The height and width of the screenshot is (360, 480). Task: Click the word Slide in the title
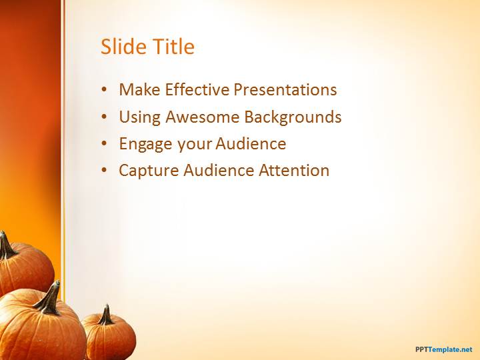coord(123,47)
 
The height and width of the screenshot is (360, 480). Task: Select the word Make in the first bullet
coord(139,89)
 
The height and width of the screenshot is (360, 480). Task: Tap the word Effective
coord(197,89)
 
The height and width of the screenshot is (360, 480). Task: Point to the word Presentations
coord(285,89)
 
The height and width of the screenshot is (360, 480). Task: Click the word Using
coord(139,117)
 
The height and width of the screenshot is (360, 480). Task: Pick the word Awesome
coord(203,117)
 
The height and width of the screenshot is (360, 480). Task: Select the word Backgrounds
coord(293,117)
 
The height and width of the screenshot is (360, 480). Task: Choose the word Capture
coord(149,171)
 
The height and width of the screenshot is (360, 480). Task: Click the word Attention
coord(294,170)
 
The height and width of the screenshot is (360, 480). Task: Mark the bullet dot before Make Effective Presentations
coord(105,90)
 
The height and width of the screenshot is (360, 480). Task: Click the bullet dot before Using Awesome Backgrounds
coord(105,117)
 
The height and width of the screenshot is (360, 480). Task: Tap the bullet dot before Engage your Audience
coord(105,144)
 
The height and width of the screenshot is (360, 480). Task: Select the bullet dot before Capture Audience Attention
coord(105,171)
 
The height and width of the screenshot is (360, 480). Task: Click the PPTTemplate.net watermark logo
coord(443,349)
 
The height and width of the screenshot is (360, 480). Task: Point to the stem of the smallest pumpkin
coord(106,315)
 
